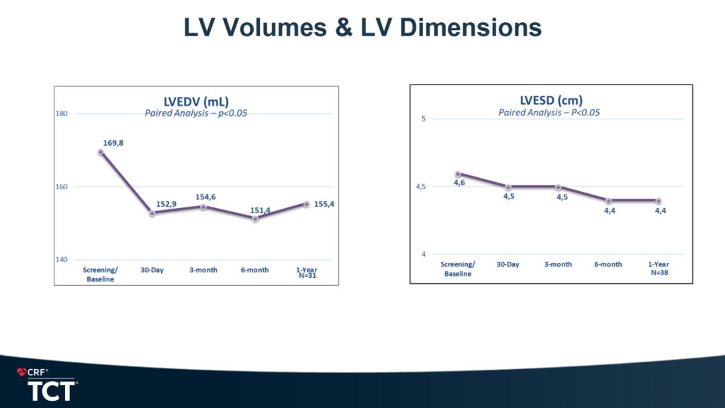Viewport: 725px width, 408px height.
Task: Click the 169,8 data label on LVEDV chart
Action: [113, 143]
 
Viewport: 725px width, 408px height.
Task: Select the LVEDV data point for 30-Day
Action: [152, 213]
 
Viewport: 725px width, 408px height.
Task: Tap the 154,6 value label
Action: [205, 197]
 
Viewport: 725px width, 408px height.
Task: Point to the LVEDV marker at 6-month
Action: [255, 218]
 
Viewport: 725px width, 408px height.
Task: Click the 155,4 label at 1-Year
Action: [324, 203]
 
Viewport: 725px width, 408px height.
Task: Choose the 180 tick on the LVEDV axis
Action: [61, 113]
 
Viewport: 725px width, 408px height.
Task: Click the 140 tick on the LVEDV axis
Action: [61, 259]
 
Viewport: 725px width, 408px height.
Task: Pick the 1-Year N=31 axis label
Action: [306, 272]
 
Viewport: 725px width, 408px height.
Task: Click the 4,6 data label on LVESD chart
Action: [459, 183]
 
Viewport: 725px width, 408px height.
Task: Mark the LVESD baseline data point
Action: [458, 174]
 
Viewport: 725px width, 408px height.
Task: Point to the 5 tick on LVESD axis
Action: [424, 119]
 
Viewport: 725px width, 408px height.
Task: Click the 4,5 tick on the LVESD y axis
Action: [420, 187]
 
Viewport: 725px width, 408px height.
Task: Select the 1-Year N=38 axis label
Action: [658, 268]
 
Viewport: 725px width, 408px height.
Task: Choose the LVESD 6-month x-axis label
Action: [608, 264]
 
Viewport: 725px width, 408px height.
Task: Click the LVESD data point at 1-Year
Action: [658, 201]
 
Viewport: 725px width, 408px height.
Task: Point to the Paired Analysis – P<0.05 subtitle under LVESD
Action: [549, 112]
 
